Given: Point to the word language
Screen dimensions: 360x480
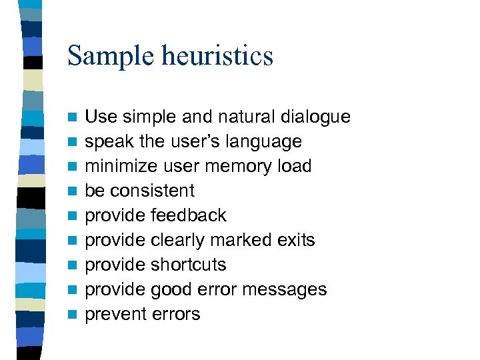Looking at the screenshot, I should click(265, 142).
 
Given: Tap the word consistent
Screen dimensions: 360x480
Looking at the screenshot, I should click(152, 191).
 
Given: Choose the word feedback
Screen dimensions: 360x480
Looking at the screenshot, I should click(189, 215).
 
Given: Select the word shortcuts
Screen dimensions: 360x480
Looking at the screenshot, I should click(189, 265).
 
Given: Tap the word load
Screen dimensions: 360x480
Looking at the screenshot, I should click(293, 166).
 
